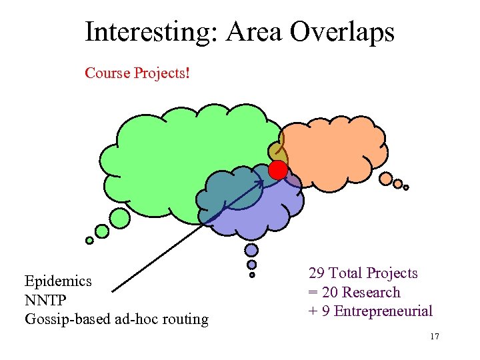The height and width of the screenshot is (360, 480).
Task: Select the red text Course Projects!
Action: point(137,73)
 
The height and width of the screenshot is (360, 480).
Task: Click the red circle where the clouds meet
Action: point(277,171)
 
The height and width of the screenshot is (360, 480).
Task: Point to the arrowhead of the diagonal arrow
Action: point(260,183)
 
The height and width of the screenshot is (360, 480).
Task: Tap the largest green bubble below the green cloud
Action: point(120,217)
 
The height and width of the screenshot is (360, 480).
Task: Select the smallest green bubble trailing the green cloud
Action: point(89,241)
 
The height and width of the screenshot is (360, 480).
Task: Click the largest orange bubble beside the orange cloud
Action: point(386,178)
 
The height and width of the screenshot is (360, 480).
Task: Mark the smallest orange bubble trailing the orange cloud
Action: point(406,187)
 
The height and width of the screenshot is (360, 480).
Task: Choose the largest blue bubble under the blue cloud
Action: point(251,250)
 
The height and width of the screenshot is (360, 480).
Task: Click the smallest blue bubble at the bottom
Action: point(252,275)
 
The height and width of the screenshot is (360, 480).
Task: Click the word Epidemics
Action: point(58,281)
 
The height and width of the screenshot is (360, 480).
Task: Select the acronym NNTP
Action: point(46,300)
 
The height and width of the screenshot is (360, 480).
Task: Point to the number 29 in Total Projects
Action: point(317,273)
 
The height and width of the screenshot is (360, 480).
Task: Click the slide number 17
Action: point(435,337)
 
